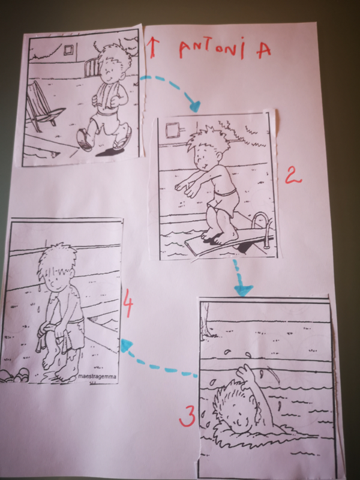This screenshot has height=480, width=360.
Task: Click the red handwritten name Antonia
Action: [225, 48]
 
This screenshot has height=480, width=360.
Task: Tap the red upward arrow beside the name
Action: [152, 47]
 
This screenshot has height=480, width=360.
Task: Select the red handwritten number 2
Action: [293, 175]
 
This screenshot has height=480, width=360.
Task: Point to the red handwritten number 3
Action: [187, 416]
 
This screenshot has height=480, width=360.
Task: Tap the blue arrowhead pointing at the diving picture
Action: [194, 106]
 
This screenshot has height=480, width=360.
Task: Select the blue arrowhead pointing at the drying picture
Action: [125, 346]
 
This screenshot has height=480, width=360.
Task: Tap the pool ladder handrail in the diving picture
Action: [262, 226]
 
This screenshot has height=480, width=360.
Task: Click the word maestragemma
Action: [97, 376]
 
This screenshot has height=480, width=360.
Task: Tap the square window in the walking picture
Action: [69, 50]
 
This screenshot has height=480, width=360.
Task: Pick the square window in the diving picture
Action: [172, 130]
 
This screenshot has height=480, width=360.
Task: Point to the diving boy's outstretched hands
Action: [186, 188]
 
